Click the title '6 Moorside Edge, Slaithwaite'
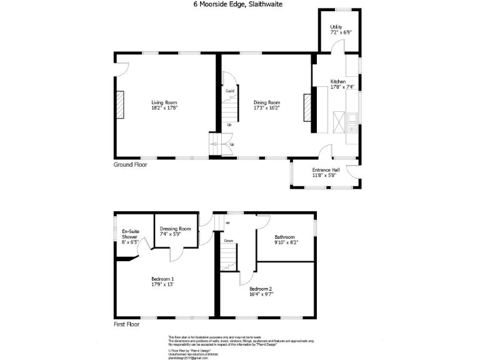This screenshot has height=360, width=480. [x=239, y=4]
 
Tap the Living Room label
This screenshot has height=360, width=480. [x=164, y=102]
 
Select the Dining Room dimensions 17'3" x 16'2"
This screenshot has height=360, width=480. [x=266, y=107]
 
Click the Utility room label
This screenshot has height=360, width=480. [x=337, y=27]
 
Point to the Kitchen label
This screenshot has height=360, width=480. [x=337, y=82]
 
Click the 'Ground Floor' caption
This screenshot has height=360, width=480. [x=129, y=165]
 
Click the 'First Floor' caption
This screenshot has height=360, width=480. [x=126, y=324]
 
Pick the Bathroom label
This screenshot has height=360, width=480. [x=284, y=237]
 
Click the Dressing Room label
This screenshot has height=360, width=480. [x=175, y=229]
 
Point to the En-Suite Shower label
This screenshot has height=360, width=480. [x=130, y=234]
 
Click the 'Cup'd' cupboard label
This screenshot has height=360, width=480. [x=229, y=91]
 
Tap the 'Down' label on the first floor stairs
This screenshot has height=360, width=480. [x=229, y=240]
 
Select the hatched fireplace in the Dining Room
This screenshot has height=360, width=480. [x=306, y=107]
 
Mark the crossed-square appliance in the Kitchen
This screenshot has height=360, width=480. [x=339, y=121]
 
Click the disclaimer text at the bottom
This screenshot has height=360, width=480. [x=241, y=341]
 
